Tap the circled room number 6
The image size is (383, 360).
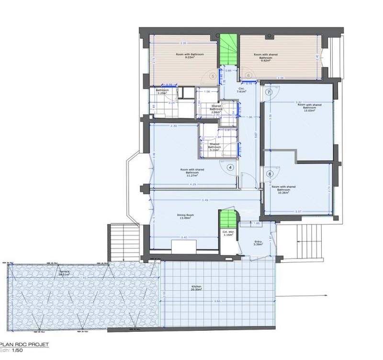coord(248,75)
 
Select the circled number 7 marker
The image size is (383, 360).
coord(269,91)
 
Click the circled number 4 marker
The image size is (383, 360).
coord(230,167)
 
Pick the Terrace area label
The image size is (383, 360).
coord(65,273)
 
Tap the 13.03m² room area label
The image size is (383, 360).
coord(310,109)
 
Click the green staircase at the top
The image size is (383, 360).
coord(228,50)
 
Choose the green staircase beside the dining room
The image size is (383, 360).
coord(228,220)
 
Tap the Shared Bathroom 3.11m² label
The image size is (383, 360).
coord(214,146)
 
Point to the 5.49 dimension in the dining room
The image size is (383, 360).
coord(204,200)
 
